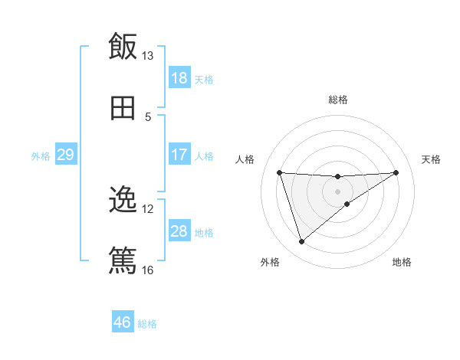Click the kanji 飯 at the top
click(123, 47)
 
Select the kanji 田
click(123, 108)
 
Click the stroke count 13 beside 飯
click(148, 56)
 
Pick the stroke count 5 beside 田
click(148, 116)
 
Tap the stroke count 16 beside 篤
click(148, 270)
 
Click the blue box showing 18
click(179, 78)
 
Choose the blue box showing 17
click(179, 155)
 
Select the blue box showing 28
click(179, 231)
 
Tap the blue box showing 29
click(65, 155)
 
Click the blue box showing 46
click(123, 322)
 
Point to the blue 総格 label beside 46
click(147, 324)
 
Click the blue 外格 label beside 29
click(41, 156)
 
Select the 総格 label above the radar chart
click(338, 100)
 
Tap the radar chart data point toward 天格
click(396, 172)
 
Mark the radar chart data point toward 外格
click(301, 242)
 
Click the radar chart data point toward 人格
click(280, 172)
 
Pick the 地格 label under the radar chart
click(402, 263)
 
